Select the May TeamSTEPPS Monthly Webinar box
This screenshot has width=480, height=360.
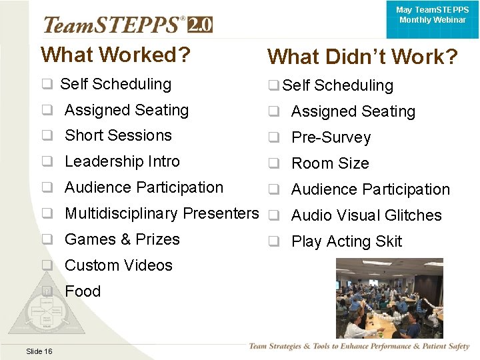click(432, 16)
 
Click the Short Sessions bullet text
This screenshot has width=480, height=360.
click(118, 135)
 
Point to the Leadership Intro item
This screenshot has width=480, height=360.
click(122, 161)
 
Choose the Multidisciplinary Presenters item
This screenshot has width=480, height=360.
click(161, 213)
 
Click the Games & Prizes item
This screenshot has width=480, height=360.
click(122, 239)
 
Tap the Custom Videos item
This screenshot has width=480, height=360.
click(119, 265)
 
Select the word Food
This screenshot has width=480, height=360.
click(83, 291)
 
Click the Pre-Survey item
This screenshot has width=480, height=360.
click(331, 138)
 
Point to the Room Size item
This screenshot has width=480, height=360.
click(330, 164)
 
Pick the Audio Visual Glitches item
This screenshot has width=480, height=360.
click(367, 216)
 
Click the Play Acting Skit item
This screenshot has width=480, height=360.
click(347, 242)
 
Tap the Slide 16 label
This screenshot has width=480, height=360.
click(39, 351)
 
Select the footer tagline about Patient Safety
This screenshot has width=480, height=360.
click(359, 347)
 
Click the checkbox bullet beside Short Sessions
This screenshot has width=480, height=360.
click(48, 136)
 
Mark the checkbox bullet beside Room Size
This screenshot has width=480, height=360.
click(273, 164)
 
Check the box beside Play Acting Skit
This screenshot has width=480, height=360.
click(273, 242)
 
